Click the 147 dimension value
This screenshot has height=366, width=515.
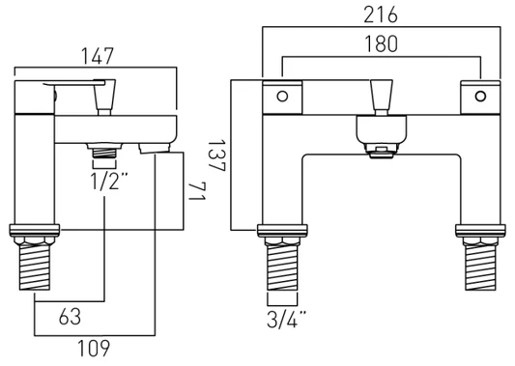coord(98,56)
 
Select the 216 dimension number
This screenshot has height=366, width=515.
coord(381,15)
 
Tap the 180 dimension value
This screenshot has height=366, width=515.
coord(381,44)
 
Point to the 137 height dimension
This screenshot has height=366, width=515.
coord(216,155)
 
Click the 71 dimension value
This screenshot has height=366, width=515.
coord(197,192)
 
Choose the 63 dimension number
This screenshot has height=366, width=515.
coord(70,317)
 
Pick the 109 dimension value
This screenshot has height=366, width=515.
coord(94,349)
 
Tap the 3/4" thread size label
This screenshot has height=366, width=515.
coord(286,319)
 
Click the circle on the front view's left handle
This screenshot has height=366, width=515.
coord(282,97)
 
